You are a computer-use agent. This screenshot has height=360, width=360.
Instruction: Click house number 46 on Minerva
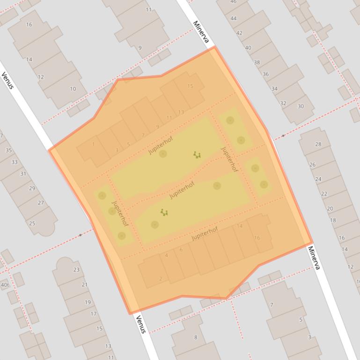point(233,2)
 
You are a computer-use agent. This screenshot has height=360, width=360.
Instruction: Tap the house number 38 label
point(257,63)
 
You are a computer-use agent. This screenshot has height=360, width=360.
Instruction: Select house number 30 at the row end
point(301,107)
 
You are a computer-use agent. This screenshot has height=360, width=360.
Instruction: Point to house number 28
point(318,144)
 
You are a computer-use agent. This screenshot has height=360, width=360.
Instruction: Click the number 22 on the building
point(324,194)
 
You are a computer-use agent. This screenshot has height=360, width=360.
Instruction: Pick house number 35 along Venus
point(8,151)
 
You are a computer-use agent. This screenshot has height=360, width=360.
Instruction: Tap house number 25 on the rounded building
point(32,223)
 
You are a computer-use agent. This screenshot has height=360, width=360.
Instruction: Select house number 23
point(76,270)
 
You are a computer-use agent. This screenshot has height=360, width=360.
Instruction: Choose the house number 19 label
point(88,302)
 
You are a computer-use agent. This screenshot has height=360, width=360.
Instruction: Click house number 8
point(196,337)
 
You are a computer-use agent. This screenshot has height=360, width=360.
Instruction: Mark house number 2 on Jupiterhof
point(161,279)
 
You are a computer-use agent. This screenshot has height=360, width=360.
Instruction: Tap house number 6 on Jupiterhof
point(181,250)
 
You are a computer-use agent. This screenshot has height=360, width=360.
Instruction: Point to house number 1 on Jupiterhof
point(93,144)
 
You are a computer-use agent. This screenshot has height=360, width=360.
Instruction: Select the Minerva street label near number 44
point(200,32)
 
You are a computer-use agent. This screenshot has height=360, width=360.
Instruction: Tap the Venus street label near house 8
point(140,324)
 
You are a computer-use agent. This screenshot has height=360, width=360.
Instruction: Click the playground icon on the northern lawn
point(197,155)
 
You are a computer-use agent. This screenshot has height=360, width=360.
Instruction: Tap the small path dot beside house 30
point(283,136)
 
